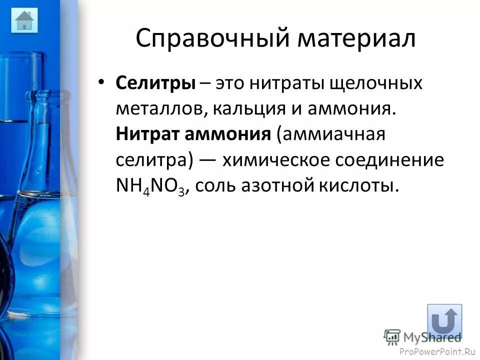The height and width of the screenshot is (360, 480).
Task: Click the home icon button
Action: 24,20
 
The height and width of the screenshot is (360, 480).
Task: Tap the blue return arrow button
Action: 444,321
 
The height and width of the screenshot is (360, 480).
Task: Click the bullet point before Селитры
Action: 102,82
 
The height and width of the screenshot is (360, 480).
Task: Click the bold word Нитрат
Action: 147,134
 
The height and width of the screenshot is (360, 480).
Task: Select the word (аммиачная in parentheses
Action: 331,134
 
